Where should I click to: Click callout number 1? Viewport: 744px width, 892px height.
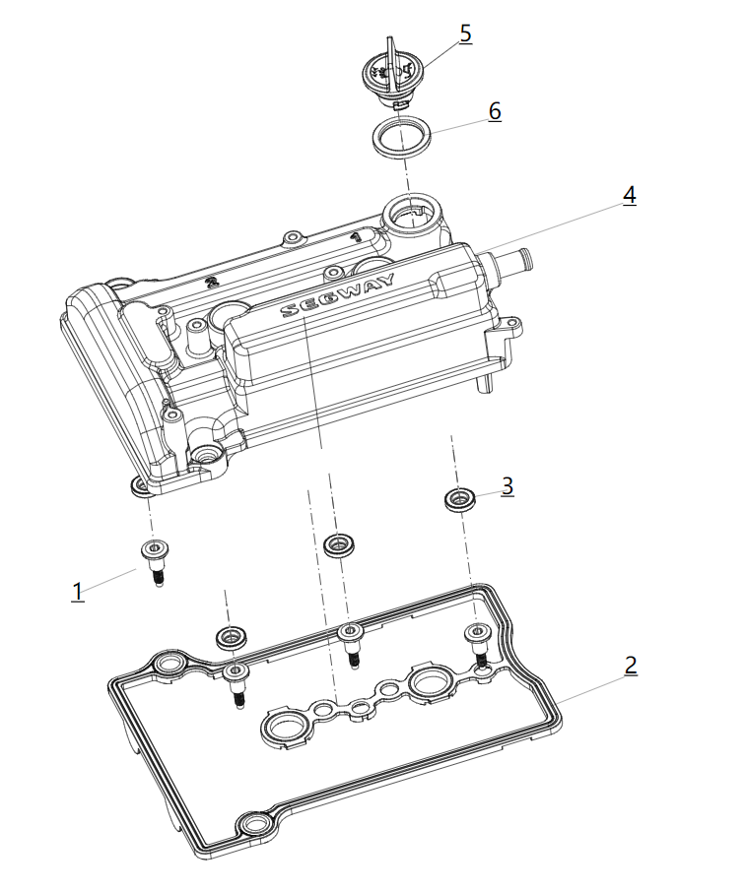pos(78,592)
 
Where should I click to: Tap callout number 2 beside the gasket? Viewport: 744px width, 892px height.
pos(631,665)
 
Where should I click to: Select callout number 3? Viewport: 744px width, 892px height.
pos(507,485)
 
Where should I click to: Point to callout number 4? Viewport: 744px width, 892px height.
pos(629,195)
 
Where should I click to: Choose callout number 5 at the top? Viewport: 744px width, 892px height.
pos(465,33)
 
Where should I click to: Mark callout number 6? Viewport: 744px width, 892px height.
pos(495,111)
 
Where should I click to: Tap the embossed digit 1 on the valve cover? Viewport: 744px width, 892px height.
pos(354,237)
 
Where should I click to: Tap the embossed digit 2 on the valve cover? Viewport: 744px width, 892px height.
pos(210,283)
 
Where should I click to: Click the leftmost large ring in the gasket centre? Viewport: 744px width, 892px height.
pos(282,729)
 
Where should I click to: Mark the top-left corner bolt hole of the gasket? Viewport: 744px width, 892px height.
pos(169,666)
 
